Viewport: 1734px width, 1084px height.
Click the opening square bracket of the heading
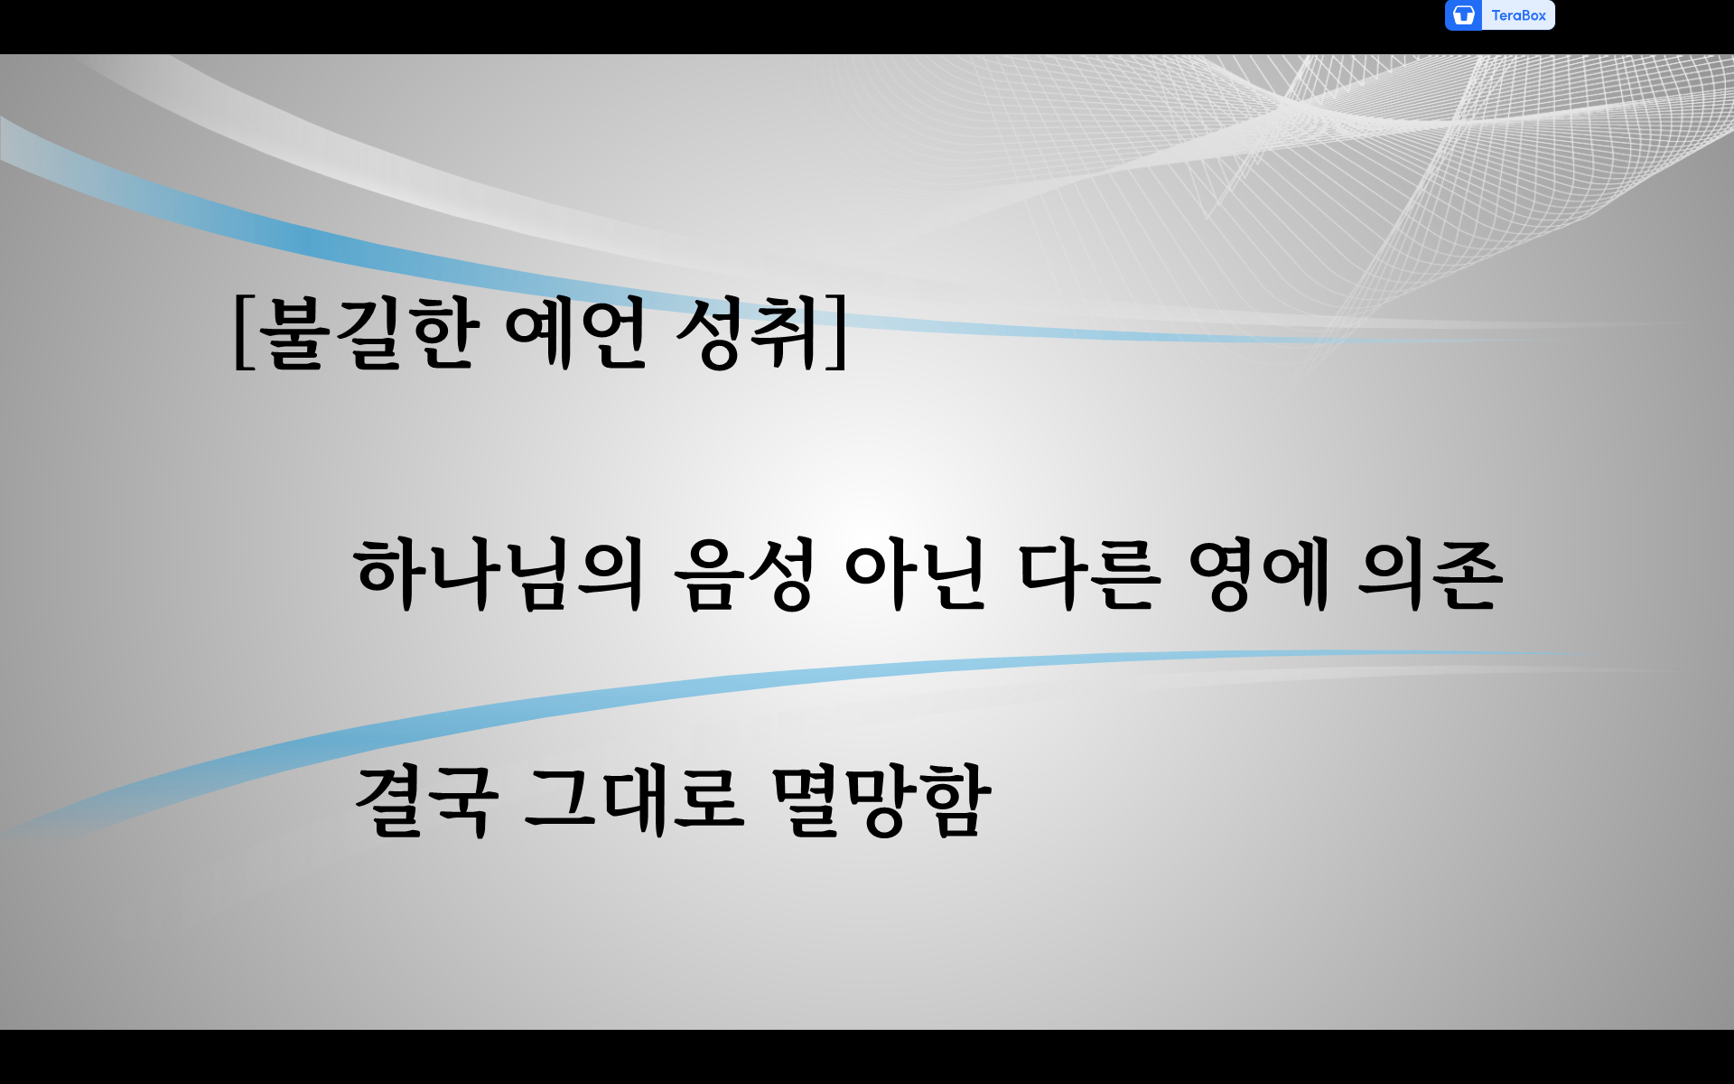pos(242,332)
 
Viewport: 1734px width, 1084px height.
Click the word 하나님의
pos(499,575)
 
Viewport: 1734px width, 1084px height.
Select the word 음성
pos(742,575)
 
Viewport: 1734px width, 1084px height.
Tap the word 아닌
pos(914,575)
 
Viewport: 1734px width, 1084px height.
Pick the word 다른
pos(1087,575)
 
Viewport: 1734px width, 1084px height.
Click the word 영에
pos(1259,575)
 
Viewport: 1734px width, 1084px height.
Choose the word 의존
pos(1431,575)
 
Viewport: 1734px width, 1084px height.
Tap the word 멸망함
pos(881,800)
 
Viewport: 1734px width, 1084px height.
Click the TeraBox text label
pos(1518,15)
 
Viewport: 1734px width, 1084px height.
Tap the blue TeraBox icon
pos(1463,15)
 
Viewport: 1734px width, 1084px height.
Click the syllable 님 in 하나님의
pos(536,576)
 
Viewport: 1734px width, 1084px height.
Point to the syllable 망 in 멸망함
pos(882,802)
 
